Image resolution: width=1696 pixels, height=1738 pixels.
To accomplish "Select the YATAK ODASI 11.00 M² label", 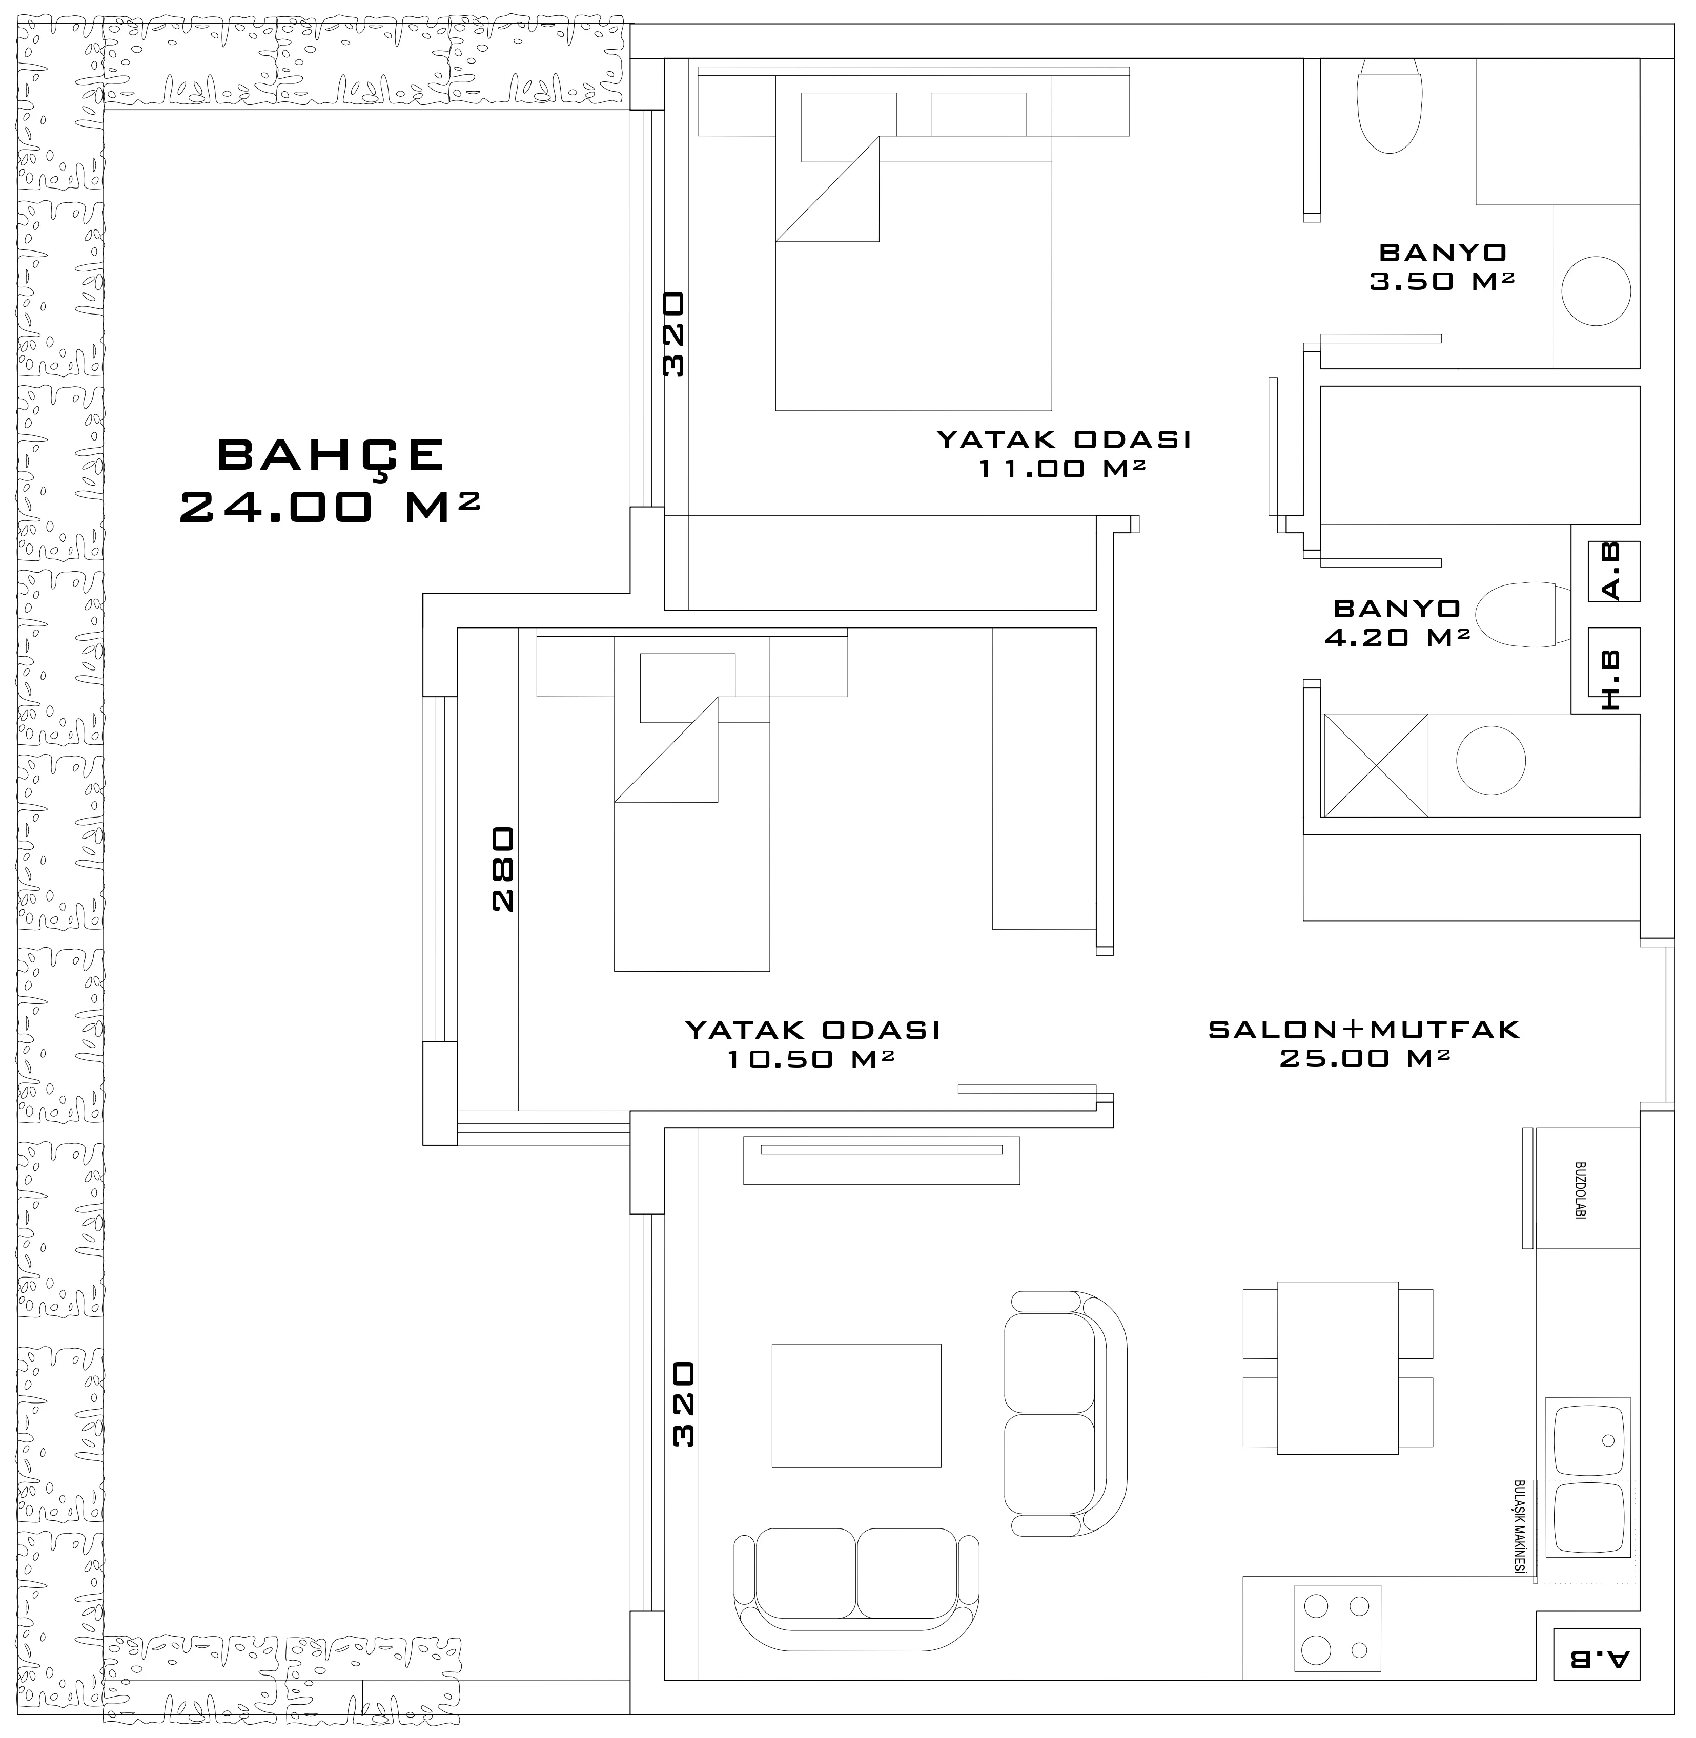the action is (1064, 453).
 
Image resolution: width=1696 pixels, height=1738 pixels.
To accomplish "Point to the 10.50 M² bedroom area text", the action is (811, 1059).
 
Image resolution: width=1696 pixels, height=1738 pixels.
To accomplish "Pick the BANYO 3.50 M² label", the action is (1442, 267).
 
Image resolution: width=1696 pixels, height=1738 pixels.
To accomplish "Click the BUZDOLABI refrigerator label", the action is (1580, 1189).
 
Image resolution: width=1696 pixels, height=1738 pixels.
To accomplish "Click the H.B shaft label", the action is (1612, 681).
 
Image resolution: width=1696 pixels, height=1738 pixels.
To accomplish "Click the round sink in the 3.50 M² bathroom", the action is (1596, 291).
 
